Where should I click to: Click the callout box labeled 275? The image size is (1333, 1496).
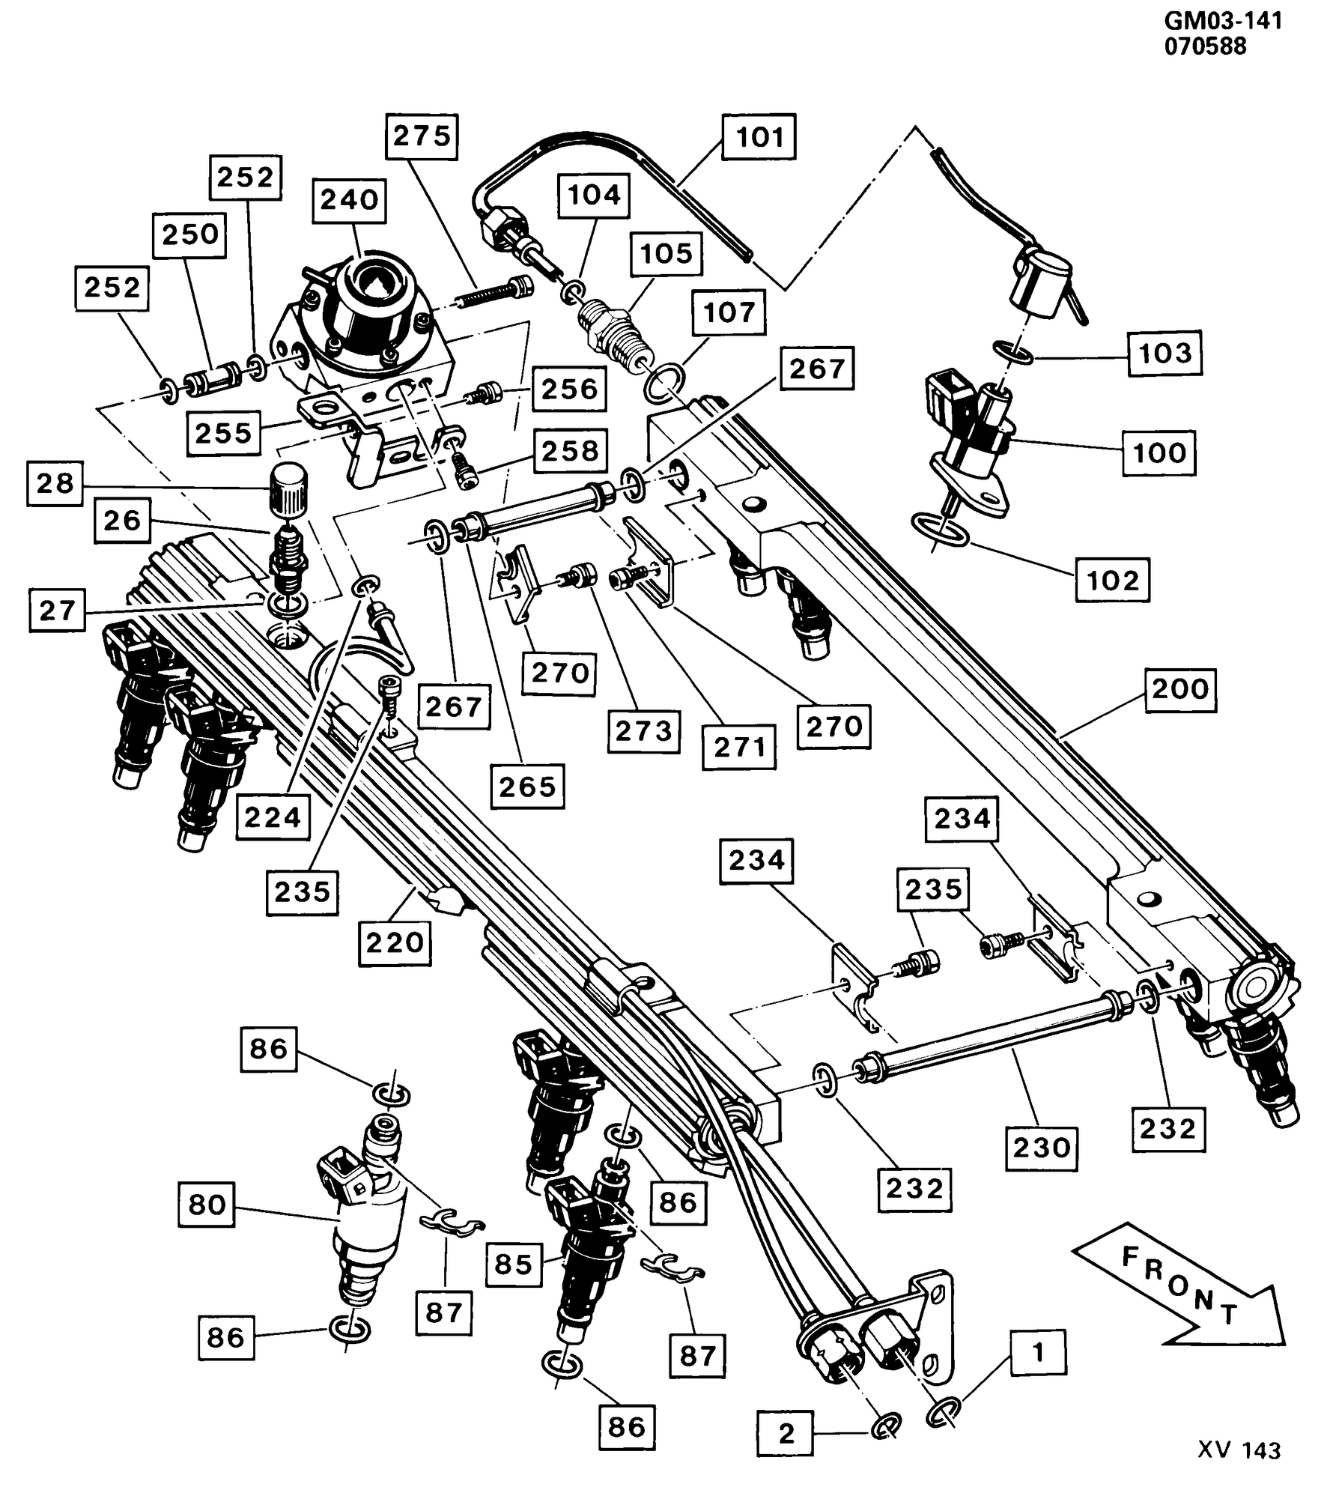point(422,136)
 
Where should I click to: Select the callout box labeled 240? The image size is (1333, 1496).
point(350,200)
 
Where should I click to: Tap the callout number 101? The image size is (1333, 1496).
point(759,137)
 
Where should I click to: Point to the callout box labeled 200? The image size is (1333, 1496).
point(1180,688)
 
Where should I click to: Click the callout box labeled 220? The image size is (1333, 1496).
point(395,942)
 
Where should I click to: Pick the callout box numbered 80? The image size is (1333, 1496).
point(207,1205)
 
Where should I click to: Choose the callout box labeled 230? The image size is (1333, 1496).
point(1041,1147)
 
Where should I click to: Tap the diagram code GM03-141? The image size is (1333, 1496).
point(1223,20)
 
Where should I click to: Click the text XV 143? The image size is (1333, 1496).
point(1239,1471)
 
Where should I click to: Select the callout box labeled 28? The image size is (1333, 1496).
point(55,484)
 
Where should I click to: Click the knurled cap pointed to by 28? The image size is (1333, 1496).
point(288,489)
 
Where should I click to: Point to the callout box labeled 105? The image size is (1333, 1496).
point(666,253)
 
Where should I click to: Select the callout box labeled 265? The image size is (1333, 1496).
point(527,787)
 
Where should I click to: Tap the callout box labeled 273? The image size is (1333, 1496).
point(644,730)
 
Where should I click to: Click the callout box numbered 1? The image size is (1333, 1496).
point(1038,1352)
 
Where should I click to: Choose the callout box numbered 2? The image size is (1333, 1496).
point(786,1433)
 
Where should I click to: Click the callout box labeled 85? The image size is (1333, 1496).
point(513,1265)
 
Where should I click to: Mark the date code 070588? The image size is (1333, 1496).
point(1206,46)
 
